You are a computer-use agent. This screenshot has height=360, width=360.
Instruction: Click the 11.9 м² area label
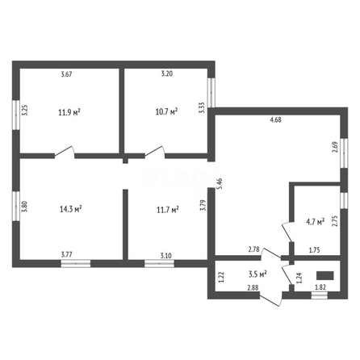(x=69, y=112)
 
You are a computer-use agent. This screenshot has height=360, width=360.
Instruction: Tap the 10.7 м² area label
(x=166, y=111)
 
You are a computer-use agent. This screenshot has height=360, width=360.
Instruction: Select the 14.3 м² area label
(x=71, y=209)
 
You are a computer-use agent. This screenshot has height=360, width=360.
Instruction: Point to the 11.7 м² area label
(x=168, y=210)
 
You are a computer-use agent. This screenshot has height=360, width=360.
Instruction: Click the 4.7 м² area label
(x=316, y=222)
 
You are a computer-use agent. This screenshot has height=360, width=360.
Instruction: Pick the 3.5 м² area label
(x=257, y=274)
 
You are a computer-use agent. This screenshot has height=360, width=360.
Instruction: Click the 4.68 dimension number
(x=276, y=119)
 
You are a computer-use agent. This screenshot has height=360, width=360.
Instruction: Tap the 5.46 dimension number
(x=220, y=183)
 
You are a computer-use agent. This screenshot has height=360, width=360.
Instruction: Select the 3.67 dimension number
(x=66, y=74)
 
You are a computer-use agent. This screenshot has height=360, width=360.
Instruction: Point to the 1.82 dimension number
(x=320, y=287)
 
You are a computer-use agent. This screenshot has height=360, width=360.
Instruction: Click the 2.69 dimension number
(x=335, y=147)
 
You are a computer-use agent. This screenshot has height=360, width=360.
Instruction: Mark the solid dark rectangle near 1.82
(x=325, y=275)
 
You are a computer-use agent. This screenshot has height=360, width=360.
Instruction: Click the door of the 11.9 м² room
(x=65, y=152)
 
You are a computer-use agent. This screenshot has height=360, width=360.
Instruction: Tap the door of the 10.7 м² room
(x=155, y=152)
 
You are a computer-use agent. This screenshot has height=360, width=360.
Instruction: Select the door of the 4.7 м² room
(x=287, y=232)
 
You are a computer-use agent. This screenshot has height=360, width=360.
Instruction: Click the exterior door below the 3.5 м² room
(x=271, y=299)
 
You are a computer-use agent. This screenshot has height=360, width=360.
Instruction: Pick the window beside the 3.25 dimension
(x=16, y=115)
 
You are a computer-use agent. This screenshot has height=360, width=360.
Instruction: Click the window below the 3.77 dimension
(x=76, y=263)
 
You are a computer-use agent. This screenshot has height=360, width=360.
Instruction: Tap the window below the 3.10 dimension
(x=159, y=263)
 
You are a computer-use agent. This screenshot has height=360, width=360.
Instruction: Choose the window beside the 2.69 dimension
(x=344, y=153)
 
